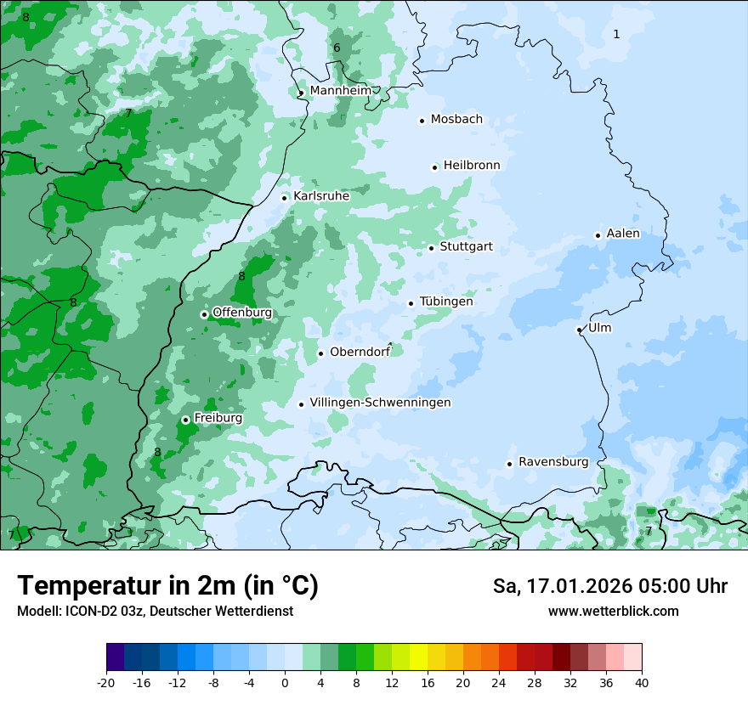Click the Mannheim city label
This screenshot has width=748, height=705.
[340, 90]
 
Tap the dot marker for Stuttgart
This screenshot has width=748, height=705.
[431, 248]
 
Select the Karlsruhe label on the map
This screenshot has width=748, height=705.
[321, 196]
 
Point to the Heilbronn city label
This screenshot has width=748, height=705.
[472, 166]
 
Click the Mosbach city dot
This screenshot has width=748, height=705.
[422, 121]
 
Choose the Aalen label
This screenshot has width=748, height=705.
[623, 234]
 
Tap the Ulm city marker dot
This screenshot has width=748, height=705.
[579, 330]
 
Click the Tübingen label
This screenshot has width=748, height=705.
[446, 302]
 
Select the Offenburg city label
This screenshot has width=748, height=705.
[242, 313]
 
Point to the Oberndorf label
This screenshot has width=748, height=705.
[360, 352]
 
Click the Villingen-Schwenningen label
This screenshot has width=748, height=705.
[380, 403]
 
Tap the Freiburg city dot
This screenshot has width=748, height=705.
[185, 420]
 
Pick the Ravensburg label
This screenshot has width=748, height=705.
[553, 462]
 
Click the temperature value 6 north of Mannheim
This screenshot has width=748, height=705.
[337, 48]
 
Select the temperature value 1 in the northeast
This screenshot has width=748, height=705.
[616, 34]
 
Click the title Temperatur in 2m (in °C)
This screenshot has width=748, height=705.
[167, 585]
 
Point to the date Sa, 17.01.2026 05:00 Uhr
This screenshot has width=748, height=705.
[609, 586]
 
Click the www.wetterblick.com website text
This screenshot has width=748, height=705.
[613, 611]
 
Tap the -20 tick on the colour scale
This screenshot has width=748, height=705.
[106, 682]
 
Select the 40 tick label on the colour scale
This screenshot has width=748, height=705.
[641, 682]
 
